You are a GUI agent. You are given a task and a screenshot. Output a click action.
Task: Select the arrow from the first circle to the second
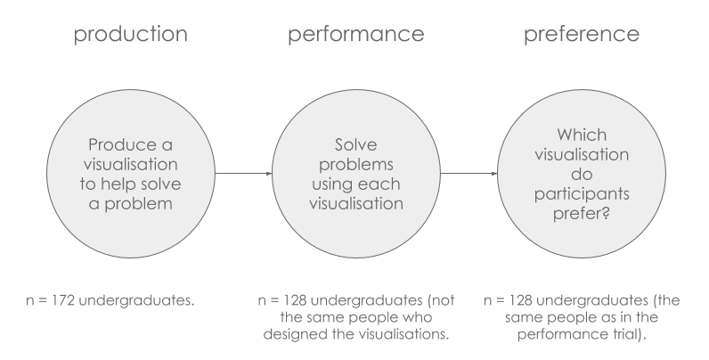[229, 174]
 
